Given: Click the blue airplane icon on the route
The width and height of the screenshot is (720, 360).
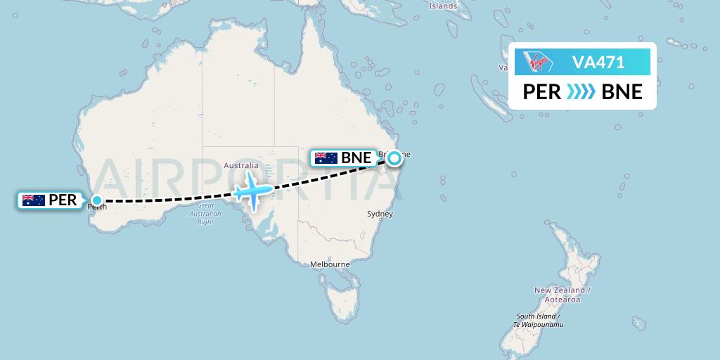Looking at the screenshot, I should click(x=251, y=190).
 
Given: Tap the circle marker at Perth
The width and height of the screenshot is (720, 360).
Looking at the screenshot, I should click(x=97, y=200).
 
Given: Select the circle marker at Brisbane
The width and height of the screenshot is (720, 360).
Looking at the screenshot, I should click(x=394, y=158).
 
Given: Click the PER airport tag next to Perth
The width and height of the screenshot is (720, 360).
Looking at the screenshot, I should click(x=51, y=200).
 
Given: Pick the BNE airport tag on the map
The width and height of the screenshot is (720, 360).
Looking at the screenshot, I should click(x=345, y=158).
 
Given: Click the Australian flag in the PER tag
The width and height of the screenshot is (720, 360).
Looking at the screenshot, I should click(x=34, y=200).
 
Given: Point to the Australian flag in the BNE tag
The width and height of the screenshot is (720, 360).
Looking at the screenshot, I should click(x=326, y=158).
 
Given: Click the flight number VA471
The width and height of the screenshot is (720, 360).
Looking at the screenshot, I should click(x=598, y=63).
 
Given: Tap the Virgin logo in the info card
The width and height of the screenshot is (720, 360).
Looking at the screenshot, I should click(x=539, y=63).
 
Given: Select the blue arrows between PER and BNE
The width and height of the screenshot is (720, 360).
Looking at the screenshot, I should click(x=581, y=92).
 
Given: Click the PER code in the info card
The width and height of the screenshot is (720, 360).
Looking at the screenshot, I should click(x=542, y=92).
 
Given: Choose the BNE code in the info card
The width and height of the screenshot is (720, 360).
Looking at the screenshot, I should click(x=622, y=92).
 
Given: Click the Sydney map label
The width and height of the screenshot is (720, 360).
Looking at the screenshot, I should click(x=380, y=214).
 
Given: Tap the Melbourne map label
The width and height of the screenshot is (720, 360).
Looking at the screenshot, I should click(x=330, y=264).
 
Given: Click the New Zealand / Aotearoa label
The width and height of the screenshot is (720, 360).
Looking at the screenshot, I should click(x=562, y=295).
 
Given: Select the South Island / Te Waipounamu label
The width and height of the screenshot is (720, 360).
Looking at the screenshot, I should click(x=539, y=321).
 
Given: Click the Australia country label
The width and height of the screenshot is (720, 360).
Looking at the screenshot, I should click(x=241, y=166).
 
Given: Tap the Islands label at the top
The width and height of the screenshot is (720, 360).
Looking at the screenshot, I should click(x=443, y=6).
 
